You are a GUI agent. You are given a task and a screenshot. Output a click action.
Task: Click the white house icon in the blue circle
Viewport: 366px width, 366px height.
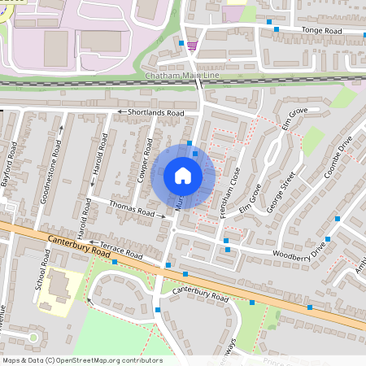[183, 176]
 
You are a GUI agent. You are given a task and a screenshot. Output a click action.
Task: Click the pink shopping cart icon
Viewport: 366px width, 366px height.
[191, 45]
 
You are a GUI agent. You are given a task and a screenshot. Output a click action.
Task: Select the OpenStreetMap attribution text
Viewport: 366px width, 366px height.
[81, 360]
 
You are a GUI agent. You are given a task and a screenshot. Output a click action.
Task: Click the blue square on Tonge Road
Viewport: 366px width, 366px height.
[277, 29]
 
